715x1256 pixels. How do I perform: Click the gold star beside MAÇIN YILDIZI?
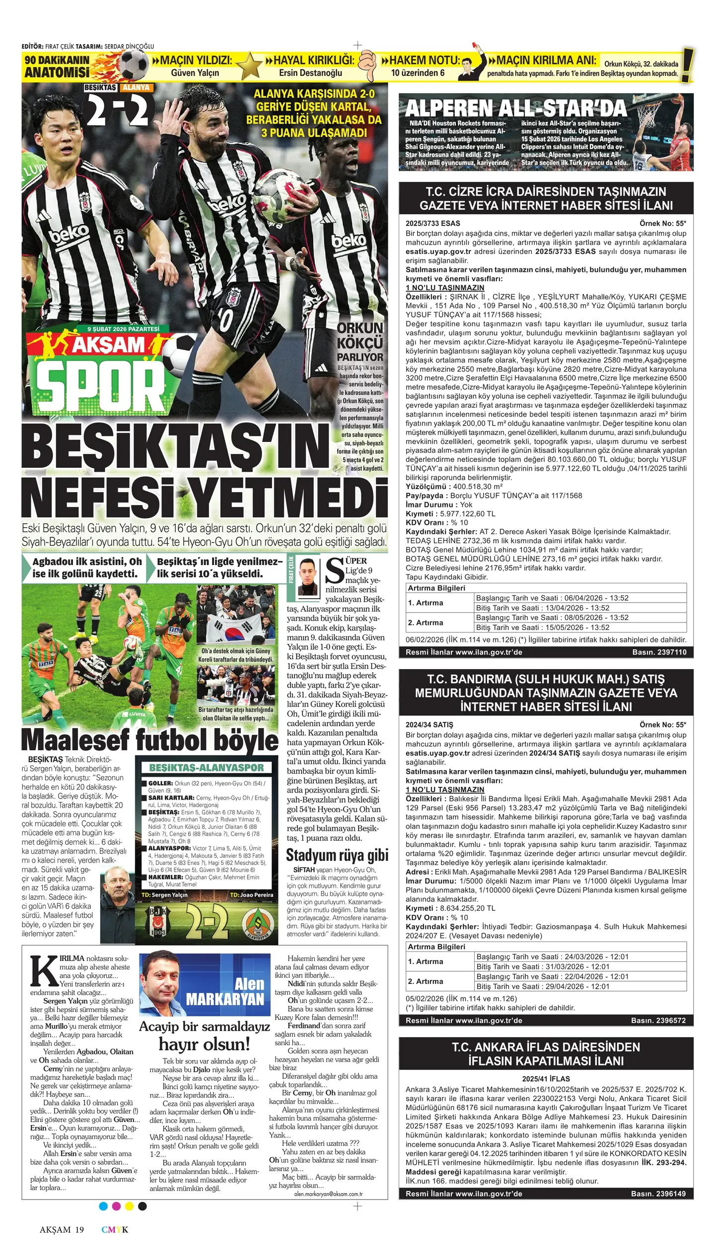(x=249, y=66)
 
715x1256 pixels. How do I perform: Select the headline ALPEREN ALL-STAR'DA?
(x=516, y=108)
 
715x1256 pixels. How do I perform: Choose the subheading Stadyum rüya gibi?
(x=337, y=856)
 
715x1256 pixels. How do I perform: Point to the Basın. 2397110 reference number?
(x=659, y=652)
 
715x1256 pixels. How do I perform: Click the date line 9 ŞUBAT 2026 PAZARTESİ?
(x=123, y=329)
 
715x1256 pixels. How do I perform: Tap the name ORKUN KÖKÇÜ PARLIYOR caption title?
(x=360, y=342)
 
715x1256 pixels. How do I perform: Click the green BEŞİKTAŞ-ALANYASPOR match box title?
(x=206, y=767)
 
